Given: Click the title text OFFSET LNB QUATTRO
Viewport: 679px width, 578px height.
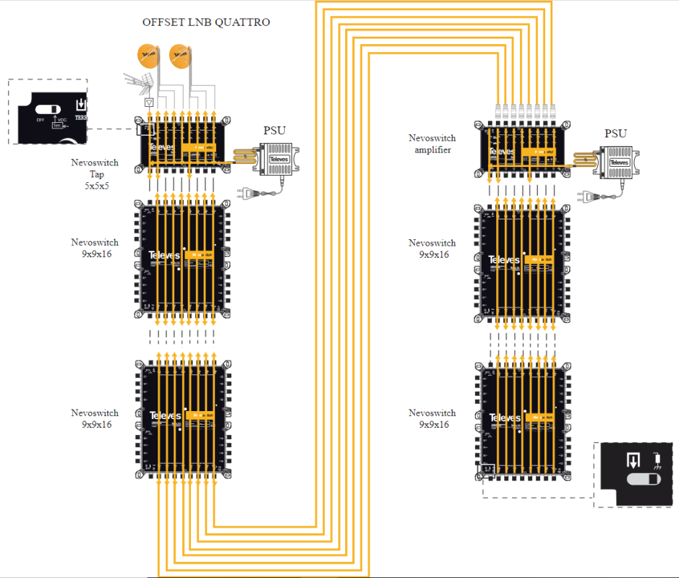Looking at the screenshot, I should coord(206,22).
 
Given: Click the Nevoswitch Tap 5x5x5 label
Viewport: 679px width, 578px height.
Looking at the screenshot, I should coord(95,174).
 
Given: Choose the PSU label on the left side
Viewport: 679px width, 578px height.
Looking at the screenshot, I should coord(274,131).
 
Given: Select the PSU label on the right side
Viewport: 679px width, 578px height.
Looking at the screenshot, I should coord(615,134).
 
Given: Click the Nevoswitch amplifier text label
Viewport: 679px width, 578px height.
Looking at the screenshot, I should coord(432,144).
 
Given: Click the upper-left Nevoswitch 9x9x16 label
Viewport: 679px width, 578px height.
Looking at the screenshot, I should coord(95,249).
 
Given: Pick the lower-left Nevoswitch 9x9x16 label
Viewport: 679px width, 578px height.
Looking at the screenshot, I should coord(95,419).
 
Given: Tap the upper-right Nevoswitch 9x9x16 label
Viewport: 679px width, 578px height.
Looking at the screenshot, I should coord(432,249).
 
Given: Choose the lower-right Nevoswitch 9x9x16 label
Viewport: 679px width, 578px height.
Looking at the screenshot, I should coord(432,418).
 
